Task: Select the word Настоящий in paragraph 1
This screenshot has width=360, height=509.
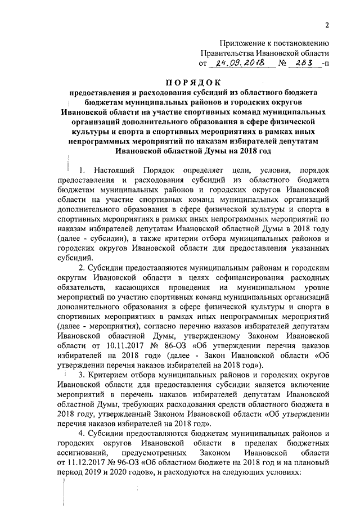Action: [x=116, y=170]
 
